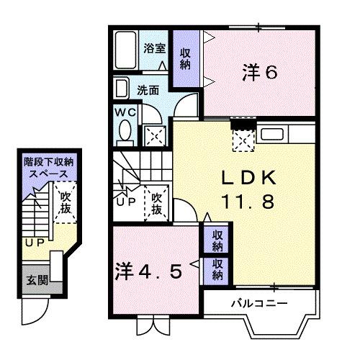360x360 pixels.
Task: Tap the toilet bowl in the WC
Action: pyautogui.click(x=124, y=132)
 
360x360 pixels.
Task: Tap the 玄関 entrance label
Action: pyautogui.click(x=35, y=280)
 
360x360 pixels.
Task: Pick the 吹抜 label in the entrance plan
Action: pyautogui.click(x=66, y=203)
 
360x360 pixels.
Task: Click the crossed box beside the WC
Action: pyautogui.click(x=153, y=133)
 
